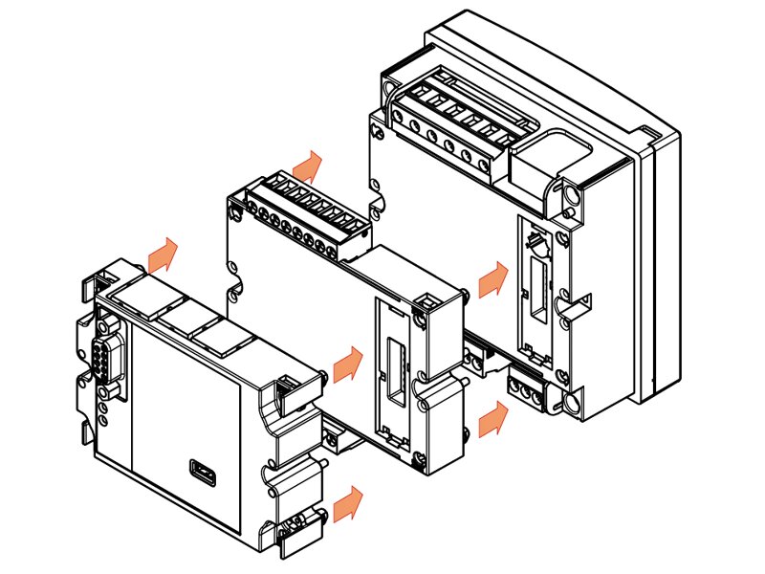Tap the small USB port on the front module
(203, 471)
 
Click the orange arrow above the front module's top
(164, 254)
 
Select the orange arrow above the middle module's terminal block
(309, 166)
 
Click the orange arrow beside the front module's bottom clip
(349, 502)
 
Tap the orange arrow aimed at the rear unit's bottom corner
(492, 417)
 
